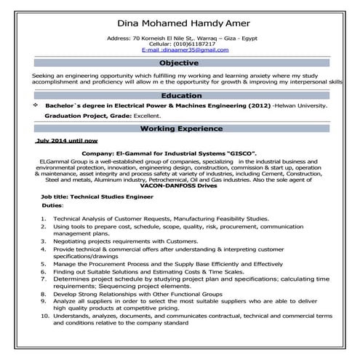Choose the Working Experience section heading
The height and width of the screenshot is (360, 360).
[180, 128]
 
